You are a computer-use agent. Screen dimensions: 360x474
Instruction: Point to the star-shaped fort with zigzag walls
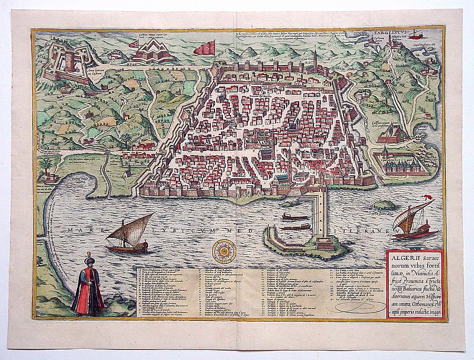pyautogui.click(x=145, y=52)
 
